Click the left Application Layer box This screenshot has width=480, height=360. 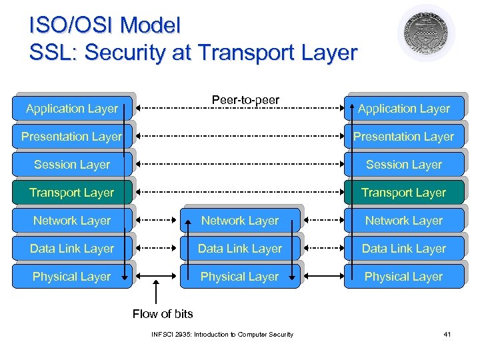[x=72, y=109]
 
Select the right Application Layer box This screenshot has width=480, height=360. [x=404, y=109]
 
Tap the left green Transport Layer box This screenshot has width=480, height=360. [x=72, y=193]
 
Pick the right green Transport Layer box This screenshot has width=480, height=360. [x=404, y=193]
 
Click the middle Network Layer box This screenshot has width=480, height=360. [x=240, y=221]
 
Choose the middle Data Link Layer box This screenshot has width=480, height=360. [x=240, y=249]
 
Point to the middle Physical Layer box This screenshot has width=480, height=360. [x=240, y=277]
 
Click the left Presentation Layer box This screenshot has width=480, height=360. [x=72, y=137]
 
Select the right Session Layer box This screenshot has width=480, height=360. [x=404, y=165]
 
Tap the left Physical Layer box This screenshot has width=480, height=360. [x=72, y=277]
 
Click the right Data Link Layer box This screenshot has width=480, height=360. [x=404, y=249]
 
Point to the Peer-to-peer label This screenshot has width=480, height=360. [x=245, y=100]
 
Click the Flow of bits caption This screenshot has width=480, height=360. [x=163, y=313]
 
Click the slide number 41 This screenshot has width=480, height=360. [x=447, y=334]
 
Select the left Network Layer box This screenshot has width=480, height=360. [x=72, y=221]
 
